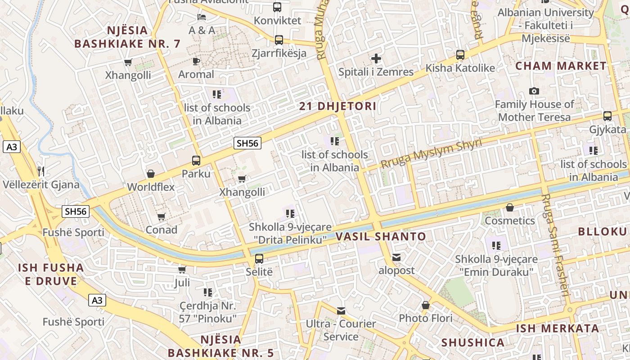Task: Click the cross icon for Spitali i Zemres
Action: click(x=376, y=58)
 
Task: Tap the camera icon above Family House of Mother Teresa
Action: click(x=534, y=91)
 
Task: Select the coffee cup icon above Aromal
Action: click(x=196, y=61)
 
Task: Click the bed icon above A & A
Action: click(x=202, y=17)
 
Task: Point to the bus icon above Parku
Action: click(x=196, y=160)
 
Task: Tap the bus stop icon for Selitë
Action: click(x=259, y=258)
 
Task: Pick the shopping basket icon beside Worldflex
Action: click(x=151, y=173)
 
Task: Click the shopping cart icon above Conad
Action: click(x=162, y=216)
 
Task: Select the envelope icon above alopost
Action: click(x=396, y=257)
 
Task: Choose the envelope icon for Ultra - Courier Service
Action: click(x=341, y=310)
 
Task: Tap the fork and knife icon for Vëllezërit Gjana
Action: click(x=41, y=171)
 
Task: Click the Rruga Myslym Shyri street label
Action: click(x=431, y=154)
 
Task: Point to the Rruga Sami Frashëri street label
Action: click(x=556, y=245)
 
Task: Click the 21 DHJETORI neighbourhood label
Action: click(x=337, y=107)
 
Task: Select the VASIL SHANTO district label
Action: click(x=381, y=237)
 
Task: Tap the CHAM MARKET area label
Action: click(x=561, y=66)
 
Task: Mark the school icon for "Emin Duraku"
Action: click(x=496, y=246)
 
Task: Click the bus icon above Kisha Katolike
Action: click(x=460, y=55)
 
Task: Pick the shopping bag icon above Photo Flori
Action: click(x=426, y=306)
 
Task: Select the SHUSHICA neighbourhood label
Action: click(x=472, y=343)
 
